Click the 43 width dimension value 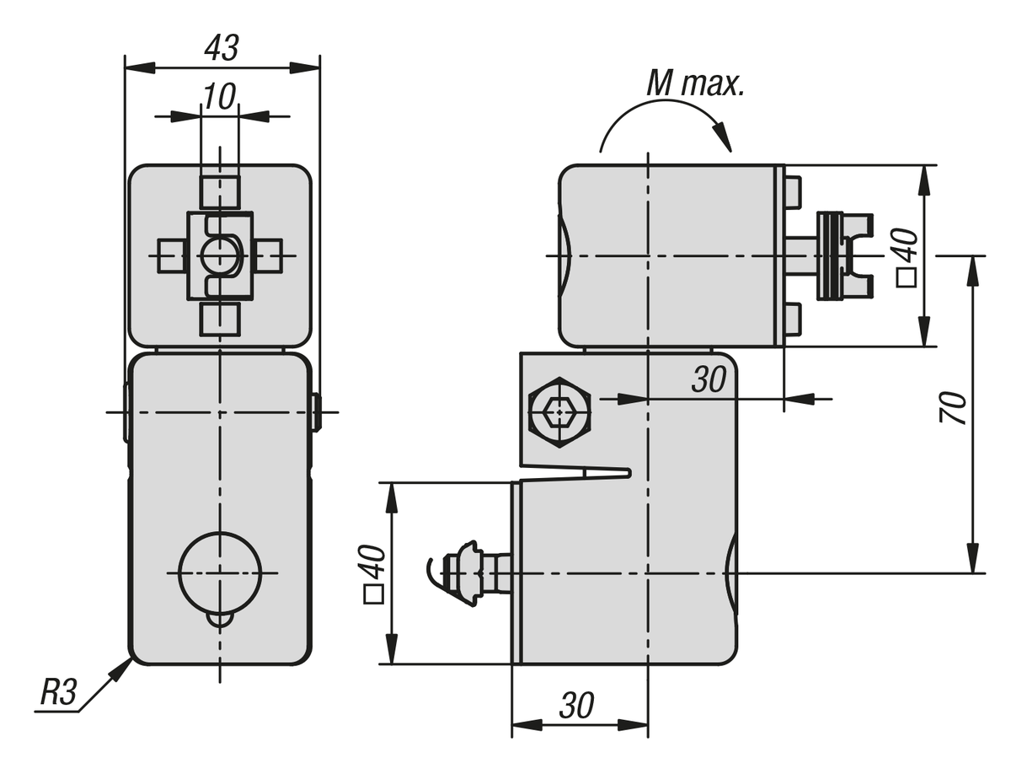[x=222, y=49]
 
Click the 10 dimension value [x=219, y=96]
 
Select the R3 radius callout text [x=58, y=694]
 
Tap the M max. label [x=695, y=83]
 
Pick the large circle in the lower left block [x=220, y=572]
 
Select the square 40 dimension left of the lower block [x=373, y=574]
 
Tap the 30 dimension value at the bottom [x=577, y=707]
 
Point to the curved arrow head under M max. [x=722, y=138]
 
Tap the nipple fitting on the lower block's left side [x=468, y=572]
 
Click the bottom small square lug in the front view [x=220, y=320]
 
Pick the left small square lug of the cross [x=171, y=255]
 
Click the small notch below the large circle [x=220, y=621]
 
